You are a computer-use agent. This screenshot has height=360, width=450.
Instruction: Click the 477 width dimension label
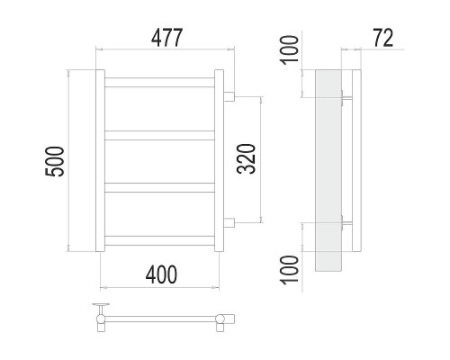[x=166, y=38]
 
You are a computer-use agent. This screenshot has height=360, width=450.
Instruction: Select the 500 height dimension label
[x=54, y=161]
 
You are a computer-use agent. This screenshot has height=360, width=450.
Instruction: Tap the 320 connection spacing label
[x=246, y=159]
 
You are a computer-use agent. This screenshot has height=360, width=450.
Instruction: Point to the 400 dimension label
[x=161, y=275]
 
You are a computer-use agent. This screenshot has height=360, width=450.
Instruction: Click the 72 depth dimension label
[x=382, y=38]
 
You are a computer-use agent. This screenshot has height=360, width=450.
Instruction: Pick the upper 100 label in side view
[x=290, y=49]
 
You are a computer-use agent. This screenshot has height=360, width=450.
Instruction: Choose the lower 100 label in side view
[x=290, y=270]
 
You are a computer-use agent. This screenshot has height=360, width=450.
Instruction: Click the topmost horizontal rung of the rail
[x=159, y=83]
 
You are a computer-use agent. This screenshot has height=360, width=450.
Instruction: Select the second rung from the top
[x=159, y=135]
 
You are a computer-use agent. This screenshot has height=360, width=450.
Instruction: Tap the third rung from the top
[x=159, y=187]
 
